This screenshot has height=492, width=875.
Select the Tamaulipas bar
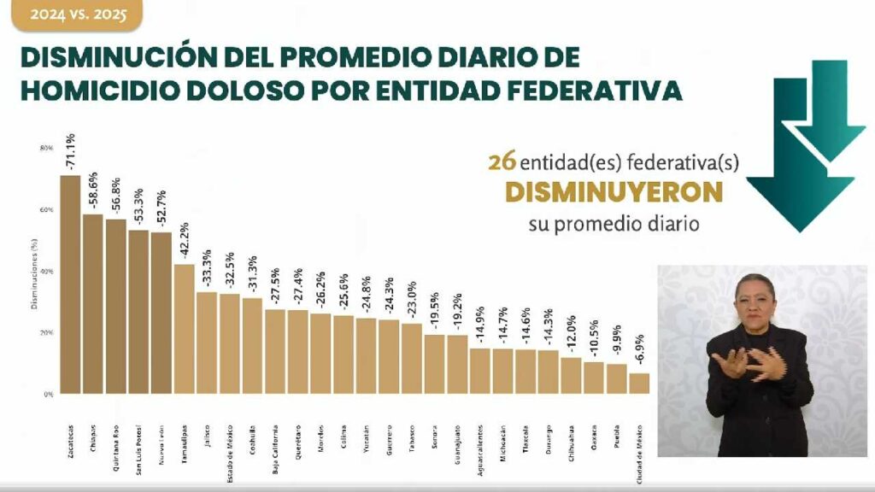coord(184,329)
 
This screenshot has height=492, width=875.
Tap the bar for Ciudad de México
coord(639,384)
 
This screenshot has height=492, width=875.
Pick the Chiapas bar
coord(92,304)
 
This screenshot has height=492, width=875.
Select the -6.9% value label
coord(639,351)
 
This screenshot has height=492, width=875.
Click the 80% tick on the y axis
coord(46,149)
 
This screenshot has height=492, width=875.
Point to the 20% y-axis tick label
coord(46,333)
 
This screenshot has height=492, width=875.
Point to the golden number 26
coord(499,161)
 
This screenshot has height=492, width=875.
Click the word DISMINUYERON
coord(614,193)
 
